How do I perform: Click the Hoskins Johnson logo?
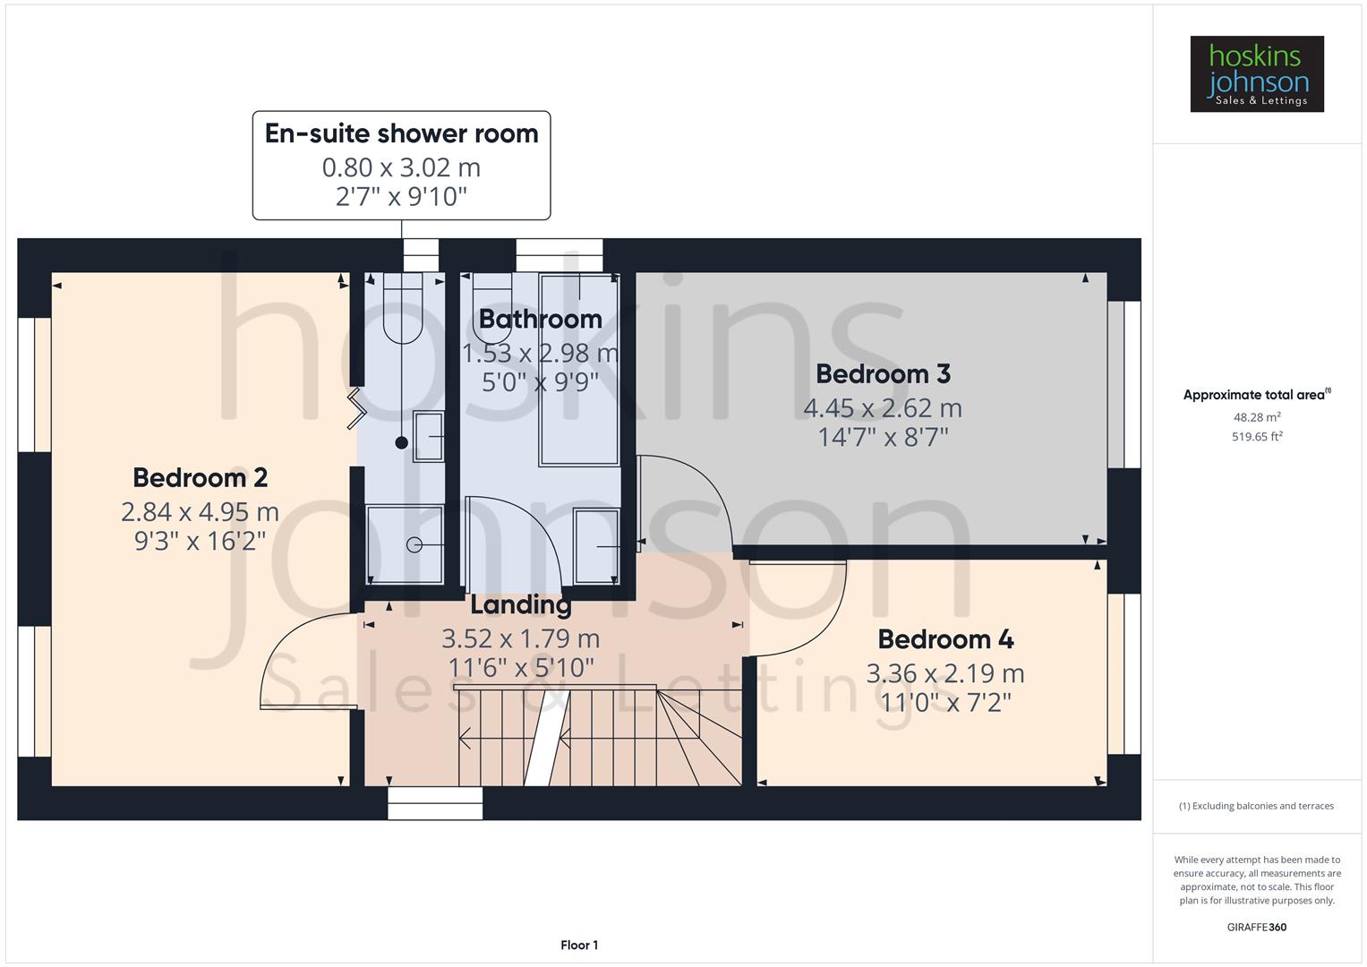pos(1256,74)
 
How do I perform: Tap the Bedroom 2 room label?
pos(200,477)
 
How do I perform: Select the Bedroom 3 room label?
pos(883,373)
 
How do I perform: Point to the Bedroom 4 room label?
pos(945,639)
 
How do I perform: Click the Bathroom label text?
pos(540,319)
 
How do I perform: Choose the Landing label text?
pos(521,605)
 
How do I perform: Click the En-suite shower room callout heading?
pos(401,133)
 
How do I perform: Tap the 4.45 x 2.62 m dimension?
pos(883,408)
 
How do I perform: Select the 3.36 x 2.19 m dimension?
pos(945,673)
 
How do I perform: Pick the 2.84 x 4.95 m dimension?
pos(200,512)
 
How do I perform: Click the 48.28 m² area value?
pos(1257,417)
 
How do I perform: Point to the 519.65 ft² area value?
pos(1257,437)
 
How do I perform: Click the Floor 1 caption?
pos(579,945)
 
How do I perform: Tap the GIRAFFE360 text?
pos(1256,927)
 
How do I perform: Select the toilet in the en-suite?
pos(403,309)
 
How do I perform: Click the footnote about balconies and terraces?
pos(1256,806)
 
